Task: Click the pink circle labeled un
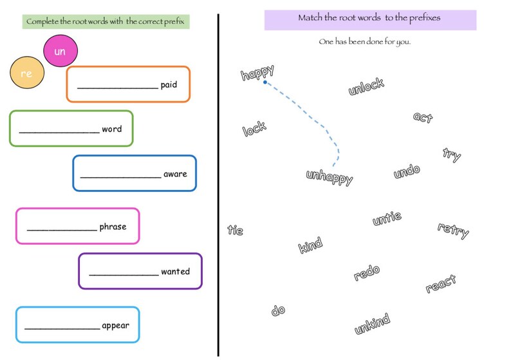(x=60, y=52)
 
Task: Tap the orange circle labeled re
(x=26, y=73)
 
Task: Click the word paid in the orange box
(x=169, y=84)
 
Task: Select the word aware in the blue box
(x=175, y=174)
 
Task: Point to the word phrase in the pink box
(x=113, y=227)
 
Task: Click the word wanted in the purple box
(x=175, y=272)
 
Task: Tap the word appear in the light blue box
(x=115, y=325)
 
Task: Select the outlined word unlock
(x=366, y=86)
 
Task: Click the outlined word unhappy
(x=330, y=177)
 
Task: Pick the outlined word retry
(x=453, y=230)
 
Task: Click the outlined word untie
(x=387, y=218)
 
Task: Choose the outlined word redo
(x=367, y=273)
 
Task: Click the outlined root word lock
(x=254, y=129)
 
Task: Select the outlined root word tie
(x=236, y=230)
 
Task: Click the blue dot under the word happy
(x=265, y=82)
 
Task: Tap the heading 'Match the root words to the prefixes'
(x=369, y=18)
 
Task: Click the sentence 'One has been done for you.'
(x=364, y=42)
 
